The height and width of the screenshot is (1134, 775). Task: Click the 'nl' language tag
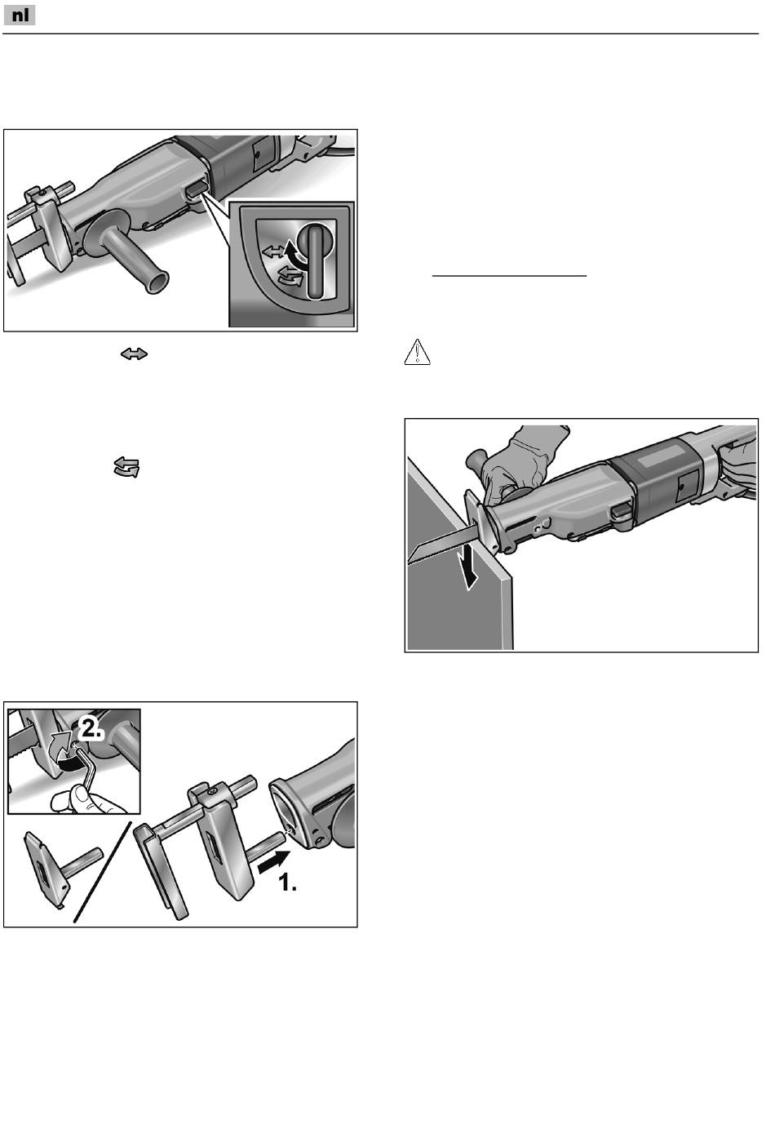point(20,16)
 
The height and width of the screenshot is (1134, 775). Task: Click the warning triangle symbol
point(418,352)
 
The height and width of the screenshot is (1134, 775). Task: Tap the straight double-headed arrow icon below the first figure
point(134,354)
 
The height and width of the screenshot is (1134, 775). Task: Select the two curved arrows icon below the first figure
point(126,467)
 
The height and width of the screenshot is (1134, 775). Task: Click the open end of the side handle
point(157,281)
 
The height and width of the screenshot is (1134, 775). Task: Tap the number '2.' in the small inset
point(91,729)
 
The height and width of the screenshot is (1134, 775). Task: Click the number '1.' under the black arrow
point(288,883)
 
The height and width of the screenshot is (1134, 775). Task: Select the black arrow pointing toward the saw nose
point(273,861)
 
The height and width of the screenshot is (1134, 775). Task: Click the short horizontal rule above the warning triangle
point(509,276)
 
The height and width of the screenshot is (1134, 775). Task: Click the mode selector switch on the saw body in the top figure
point(197,190)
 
